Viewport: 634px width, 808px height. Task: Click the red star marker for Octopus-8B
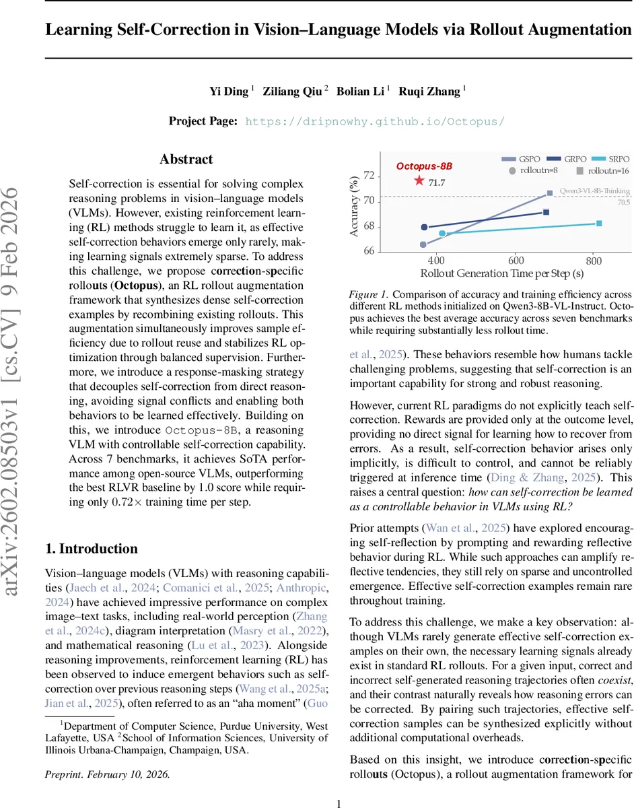pos(419,180)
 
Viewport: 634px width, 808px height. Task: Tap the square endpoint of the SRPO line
pos(598,223)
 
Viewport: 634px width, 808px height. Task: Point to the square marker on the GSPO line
pos(550,193)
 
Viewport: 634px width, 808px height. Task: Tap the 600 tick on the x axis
pos(516,261)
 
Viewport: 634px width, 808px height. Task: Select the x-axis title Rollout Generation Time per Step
pos(501,273)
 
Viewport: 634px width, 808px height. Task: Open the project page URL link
pos(374,121)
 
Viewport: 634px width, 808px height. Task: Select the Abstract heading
pos(186,160)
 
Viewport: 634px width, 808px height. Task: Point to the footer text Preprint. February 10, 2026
pos(107,774)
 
